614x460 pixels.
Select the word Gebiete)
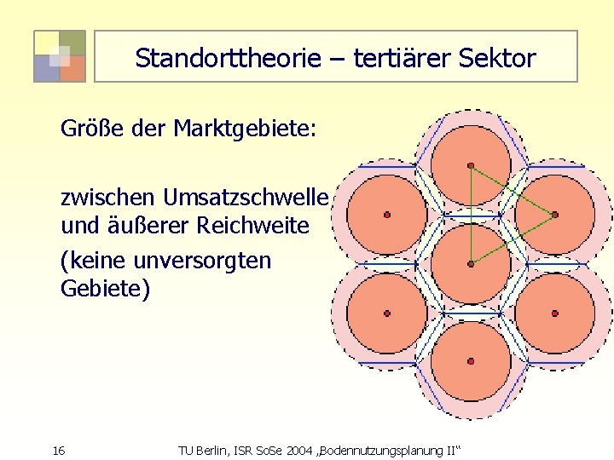click(x=105, y=290)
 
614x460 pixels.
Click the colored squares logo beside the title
click(x=60, y=56)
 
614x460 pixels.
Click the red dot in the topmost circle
click(x=471, y=165)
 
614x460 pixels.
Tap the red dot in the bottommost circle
click(x=471, y=362)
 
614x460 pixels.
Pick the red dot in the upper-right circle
click(x=554, y=215)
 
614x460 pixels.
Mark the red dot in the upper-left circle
click(x=387, y=215)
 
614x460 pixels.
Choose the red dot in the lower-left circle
click(x=387, y=313)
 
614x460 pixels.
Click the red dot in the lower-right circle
click(x=554, y=313)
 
